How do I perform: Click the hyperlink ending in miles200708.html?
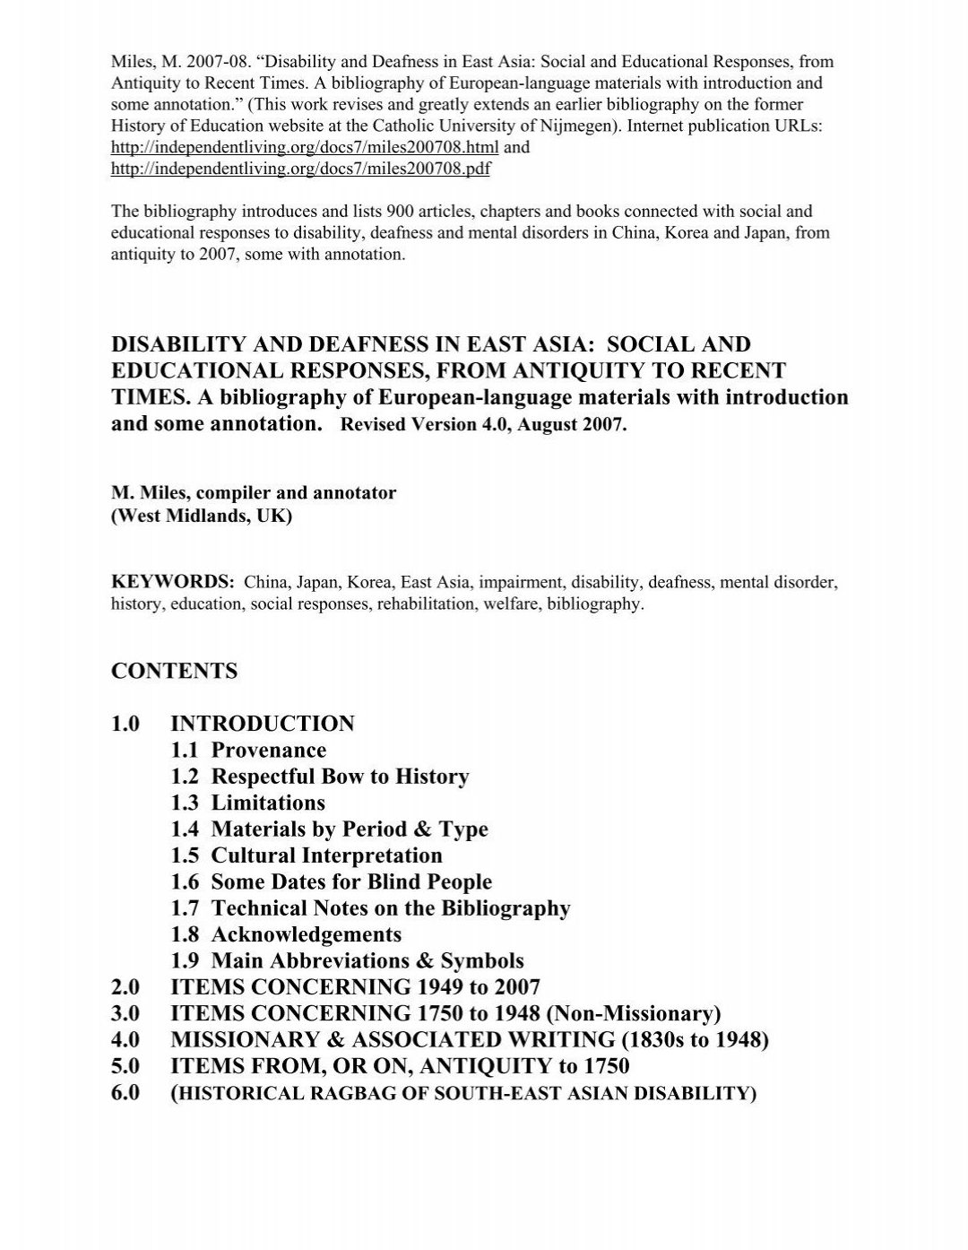click(305, 148)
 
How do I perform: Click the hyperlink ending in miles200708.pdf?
click(300, 169)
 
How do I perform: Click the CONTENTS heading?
click(174, 671)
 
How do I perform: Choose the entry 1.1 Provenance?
click(248, 751)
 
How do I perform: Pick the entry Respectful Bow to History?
click(340, 777)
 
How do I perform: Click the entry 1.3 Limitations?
click(247, 803)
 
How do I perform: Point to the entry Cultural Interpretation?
click(326, 855)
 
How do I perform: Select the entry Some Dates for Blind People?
click(351, 881)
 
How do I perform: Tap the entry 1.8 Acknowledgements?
click(286, 934)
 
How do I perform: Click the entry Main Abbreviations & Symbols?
click(367, 960)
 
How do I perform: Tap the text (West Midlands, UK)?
click(202, 517)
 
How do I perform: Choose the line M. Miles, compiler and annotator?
click(254, 493)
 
